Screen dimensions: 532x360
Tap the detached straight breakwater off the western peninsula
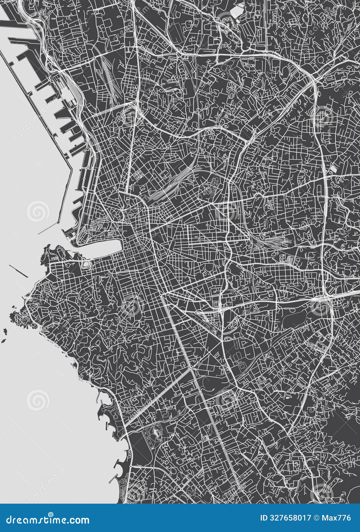(x=19, y=271)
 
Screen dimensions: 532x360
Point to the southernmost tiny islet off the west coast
(x=4, y=340)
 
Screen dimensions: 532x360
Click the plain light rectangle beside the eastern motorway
(x=333, y=168)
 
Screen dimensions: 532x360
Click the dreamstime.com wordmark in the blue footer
(x=48, y=519)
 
